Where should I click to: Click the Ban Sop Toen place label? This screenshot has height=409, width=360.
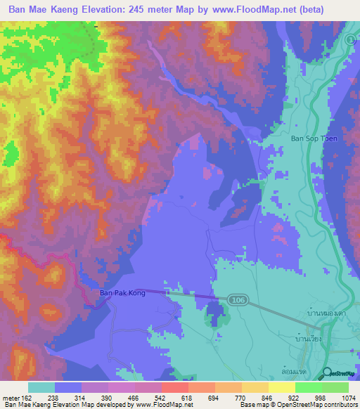click(x=314, y=138)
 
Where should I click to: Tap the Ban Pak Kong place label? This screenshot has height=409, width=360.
click(x=122, y=292)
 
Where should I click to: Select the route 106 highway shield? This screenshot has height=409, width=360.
click(x=236, y=300)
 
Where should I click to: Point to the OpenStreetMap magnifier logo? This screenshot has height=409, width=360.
click(x=328, y=373)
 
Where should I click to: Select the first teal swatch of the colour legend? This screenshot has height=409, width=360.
click(x=41, y=387)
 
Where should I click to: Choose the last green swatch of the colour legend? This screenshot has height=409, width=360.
click(x=335, y=387)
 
